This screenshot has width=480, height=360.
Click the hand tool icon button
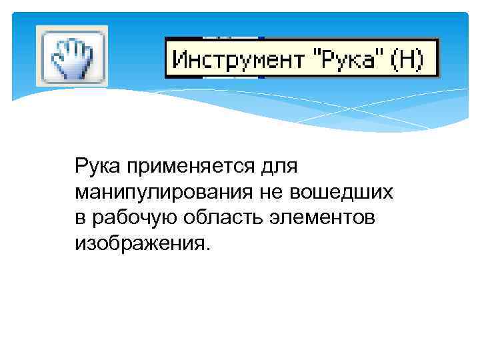click(x=71, y=56)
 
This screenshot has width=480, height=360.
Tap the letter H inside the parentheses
click(x=407, y=59)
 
